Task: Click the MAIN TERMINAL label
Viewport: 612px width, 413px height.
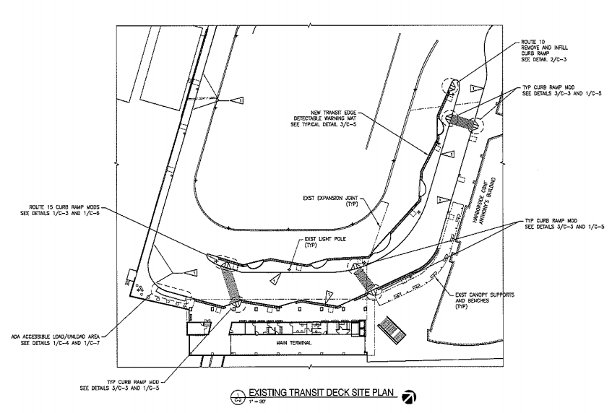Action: tap(285, 343)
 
